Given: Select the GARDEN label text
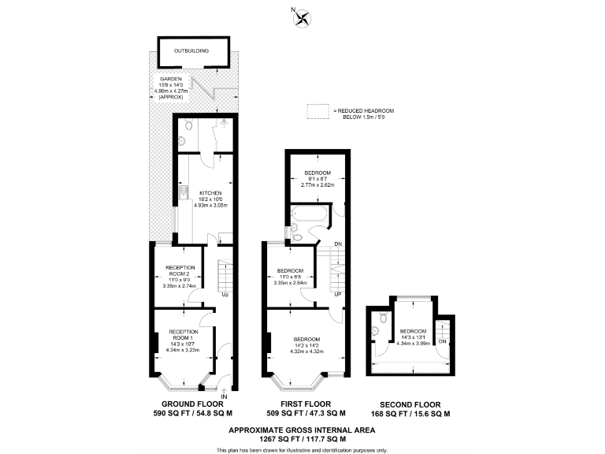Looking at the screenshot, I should [x=171, y=80].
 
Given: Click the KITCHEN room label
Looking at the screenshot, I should [x=210, y=193].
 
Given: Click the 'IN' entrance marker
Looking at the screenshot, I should [x=224, y=396].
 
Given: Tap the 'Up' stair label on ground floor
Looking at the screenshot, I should [x=225, y=295].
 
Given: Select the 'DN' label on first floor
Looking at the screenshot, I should [x=337, y=244].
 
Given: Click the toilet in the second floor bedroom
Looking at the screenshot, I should [x=382, y=319].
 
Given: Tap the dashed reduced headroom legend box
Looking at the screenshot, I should [x=318, y=112].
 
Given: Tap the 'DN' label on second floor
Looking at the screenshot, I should [x=441, y=341].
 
